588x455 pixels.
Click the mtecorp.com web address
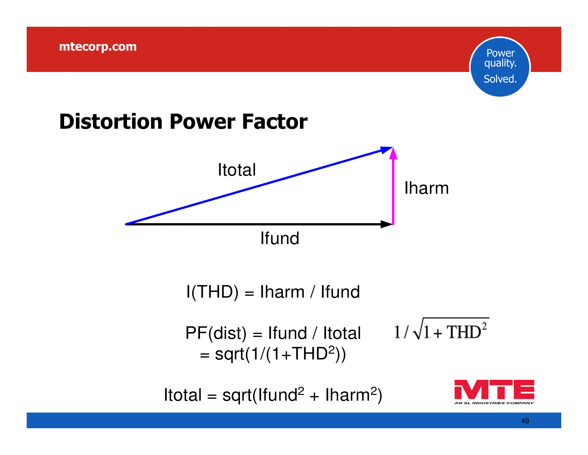tap(98, 47)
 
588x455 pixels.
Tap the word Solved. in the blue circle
tap(500, 79)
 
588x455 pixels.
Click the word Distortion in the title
tap(111, 122)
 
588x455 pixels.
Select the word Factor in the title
tap(274, 122)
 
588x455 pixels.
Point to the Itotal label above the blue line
tap(237, 170)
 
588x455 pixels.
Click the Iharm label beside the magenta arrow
tap(427, 188)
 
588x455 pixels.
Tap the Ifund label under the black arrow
tap(280, 238)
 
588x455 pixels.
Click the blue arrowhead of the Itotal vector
tap(387, 150)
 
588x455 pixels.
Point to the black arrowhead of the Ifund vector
tap(387, 224)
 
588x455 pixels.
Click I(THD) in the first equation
tap(212, 292)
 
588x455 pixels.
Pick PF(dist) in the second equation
tap(216, 333)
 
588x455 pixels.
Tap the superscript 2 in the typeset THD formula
tap(484, 326)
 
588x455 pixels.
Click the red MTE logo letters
tap(494, 389)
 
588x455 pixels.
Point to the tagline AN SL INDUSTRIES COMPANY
tap(494, 403)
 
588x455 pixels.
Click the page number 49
tap(525, 421)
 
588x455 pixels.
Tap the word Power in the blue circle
tap(501, 53)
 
